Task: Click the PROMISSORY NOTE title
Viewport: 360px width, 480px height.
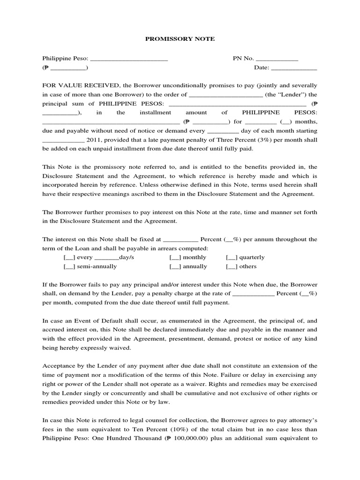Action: coord(180,39)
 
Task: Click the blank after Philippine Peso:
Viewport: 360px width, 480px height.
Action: coord(128,59)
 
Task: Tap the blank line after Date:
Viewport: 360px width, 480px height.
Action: coord(294,67)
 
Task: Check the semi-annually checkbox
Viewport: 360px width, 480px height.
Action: coord(69,266)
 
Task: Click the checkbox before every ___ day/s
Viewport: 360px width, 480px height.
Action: coord(69,257)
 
